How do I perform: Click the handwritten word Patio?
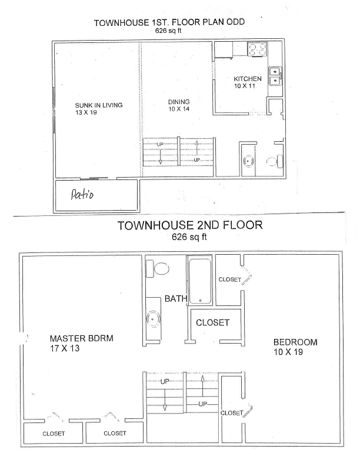click(82, 195)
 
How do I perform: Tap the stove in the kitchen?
click(257, 49)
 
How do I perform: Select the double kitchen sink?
click(275, 76)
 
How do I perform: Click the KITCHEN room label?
click(248, 79)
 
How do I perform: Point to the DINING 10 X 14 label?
click(179, 105)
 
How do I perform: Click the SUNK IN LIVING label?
click(99, 105)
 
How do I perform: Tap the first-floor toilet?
click(275, 161)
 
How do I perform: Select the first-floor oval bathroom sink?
click(248, 161)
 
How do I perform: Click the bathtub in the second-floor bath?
click(200, 281)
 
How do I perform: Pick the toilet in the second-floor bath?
click(158, 268)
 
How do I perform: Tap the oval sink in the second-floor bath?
click(154, 319)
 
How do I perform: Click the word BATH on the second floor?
click(176, 298)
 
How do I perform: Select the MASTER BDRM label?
click(81, 338)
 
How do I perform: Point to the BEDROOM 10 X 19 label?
click(295, 347)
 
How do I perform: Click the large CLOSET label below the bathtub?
click(213, 322)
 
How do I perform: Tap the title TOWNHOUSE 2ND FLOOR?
click(190, 225)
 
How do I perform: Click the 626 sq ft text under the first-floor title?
click(168, 31)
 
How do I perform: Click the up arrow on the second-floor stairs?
click(202, 386)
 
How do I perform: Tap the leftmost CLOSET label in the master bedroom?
click(54, 434)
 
